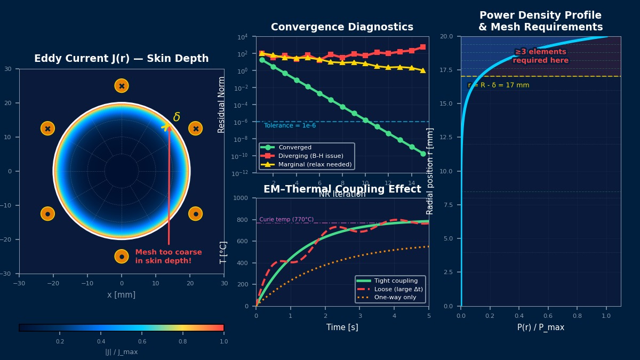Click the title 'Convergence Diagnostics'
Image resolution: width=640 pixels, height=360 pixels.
coord(342,27)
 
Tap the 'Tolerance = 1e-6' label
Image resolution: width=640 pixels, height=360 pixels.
coord(290,126)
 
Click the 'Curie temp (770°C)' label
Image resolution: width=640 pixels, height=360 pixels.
coord(286,219)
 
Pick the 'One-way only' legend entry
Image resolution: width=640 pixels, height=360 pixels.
coord(395,297)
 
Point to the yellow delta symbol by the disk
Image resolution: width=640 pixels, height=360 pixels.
coord(177,117)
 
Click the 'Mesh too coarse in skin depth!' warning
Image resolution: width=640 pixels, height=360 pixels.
coord(169,257)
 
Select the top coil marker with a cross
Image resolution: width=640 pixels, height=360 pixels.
coord(122,86)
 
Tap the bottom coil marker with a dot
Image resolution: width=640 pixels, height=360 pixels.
coord(122,257)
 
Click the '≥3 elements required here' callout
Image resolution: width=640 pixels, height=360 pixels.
coord(540,56)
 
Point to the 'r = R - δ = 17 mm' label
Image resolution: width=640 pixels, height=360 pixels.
coord(499,85)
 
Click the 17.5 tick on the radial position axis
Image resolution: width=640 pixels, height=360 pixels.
coord(446,70)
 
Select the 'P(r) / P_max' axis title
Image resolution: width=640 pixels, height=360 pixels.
coord(540,327)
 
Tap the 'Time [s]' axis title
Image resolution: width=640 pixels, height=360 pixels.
coord(342,327)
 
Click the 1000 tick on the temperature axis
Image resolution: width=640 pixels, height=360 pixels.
coord(243,198)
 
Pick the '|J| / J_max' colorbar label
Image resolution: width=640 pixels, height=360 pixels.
coord(122,352)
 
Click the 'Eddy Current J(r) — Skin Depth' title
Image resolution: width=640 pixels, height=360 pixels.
coord(122,59)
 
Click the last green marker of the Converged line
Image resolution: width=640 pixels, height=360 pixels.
coord(423,154)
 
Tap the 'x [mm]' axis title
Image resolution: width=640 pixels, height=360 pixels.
coord(122,295)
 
